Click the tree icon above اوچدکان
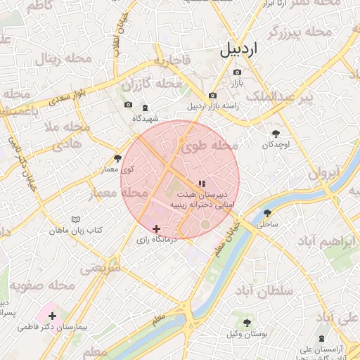(x=276, y=134)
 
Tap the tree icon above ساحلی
(x=267, y=213)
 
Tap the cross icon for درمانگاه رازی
(x=157, y=229)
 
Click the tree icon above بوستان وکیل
(x=247, y=322)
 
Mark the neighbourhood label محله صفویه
(x=42, y=286)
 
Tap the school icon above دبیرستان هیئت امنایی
(x=202, y=184)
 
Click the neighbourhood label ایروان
(x=324, y=172)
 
